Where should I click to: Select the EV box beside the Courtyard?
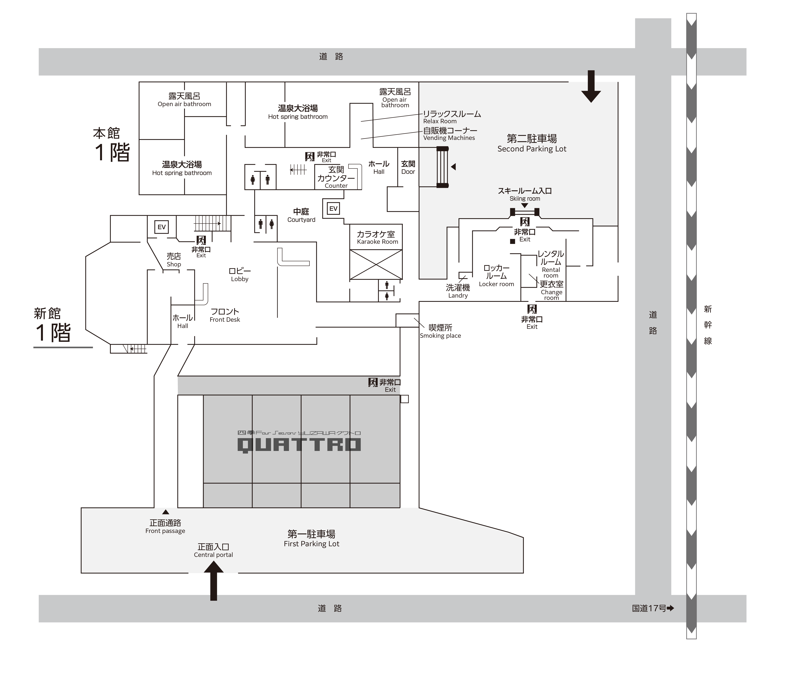click(333, 208)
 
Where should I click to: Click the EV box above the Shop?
click(161, 227)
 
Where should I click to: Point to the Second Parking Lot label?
click(532, 143)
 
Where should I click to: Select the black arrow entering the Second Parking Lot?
click(591, 86)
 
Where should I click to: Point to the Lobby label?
click(239, 275)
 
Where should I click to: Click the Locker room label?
click(497, 276)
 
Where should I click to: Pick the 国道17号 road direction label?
click(653, 608)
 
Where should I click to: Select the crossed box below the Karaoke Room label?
click(376, 264)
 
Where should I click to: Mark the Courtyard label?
click(301, 215)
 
